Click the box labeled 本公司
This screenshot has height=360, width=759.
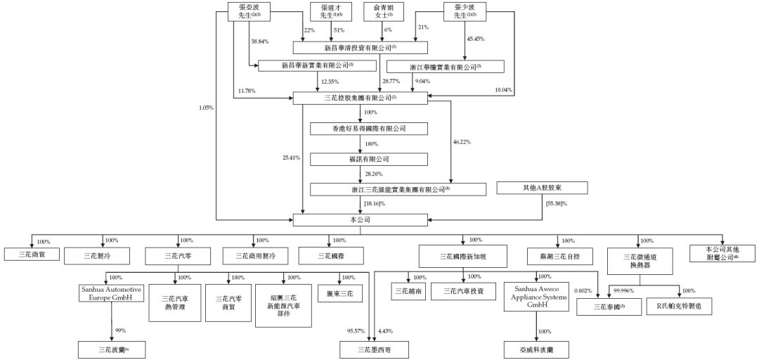pyautogui.click(x=360, y=220)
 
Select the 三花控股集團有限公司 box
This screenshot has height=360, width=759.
pyautogui.click(x=360, y=98)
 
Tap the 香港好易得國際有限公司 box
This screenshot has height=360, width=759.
pyautogui.click(x=360, y=129)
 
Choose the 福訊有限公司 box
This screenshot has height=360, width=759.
pyautogui.click(x=360, y=159)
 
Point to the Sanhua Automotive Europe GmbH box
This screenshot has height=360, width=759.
pyautogui.click(x=112, y=294)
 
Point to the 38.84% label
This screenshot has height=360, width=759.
pyautogui.click(x=260, y=41)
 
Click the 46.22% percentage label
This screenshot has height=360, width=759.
pyautogui.click(x=462, y=142)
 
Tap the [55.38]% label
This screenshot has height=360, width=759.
pyautogui.click(x=554, y=205)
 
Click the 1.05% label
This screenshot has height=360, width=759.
pyautogui.click(x=206, y=108)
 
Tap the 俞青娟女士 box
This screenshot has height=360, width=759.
pyautogui.click(x=384, y=11)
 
